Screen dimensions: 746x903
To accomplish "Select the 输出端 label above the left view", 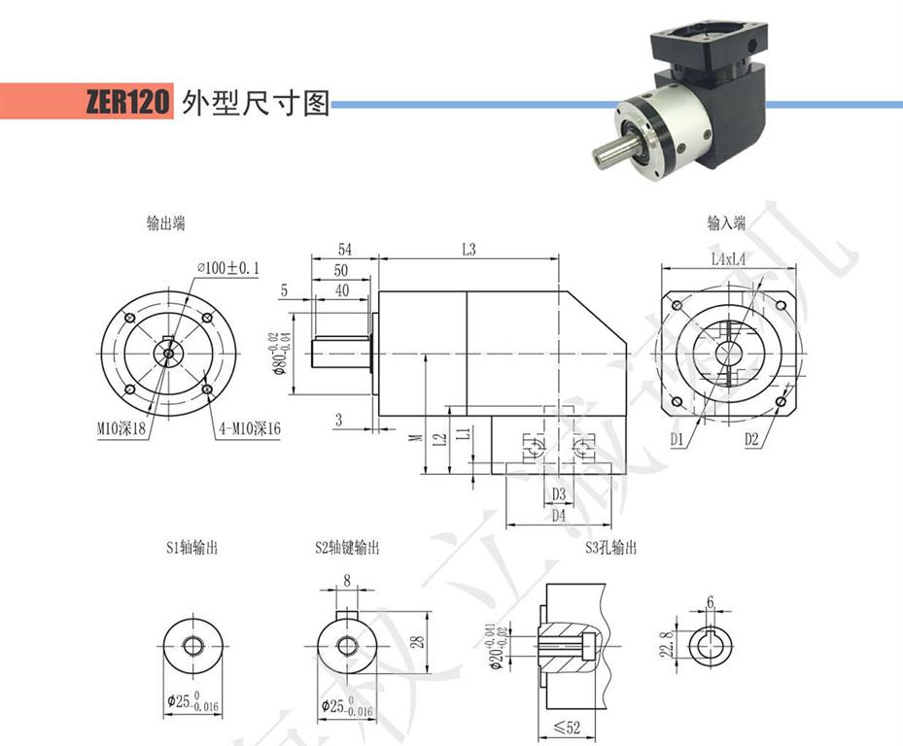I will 165,223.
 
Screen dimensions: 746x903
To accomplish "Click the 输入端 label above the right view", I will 726,223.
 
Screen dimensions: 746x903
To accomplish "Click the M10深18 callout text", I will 122,426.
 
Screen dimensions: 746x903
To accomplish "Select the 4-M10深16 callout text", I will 247,426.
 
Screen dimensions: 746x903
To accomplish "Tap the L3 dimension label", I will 469,250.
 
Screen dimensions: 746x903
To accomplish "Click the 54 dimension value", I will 344,250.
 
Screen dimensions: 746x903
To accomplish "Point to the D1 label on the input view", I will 678,441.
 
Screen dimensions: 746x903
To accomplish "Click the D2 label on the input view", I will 751,441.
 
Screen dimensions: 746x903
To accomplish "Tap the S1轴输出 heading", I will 191,548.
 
